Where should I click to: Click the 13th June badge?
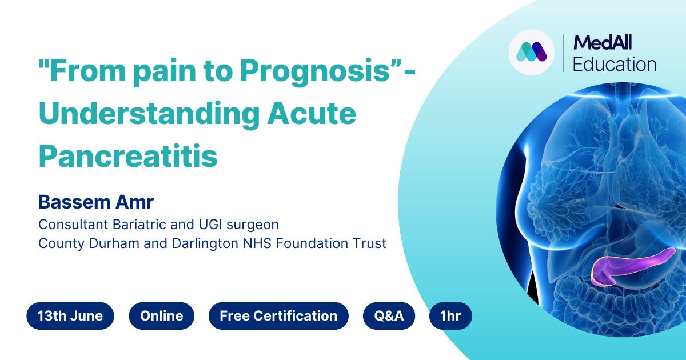tap(70, 316)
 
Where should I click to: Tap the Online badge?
tap(161, 316)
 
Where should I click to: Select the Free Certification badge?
tap(278, 316)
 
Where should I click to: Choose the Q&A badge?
tap(389, 316)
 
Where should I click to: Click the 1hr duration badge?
tap(450, 316)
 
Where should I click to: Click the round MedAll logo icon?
tap(532, 53)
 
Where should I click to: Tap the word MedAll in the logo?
tap(603, 42)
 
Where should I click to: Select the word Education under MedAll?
tap(615, 64)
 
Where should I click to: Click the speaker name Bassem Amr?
tap(96, 202)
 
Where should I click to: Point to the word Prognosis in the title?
tap(316, 72)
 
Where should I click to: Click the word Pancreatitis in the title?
tap(128, 156)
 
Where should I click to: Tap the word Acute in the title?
tap(312, 114)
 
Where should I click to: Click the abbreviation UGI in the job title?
tap(210, 225)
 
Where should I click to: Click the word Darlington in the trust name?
tap(205, 244)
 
